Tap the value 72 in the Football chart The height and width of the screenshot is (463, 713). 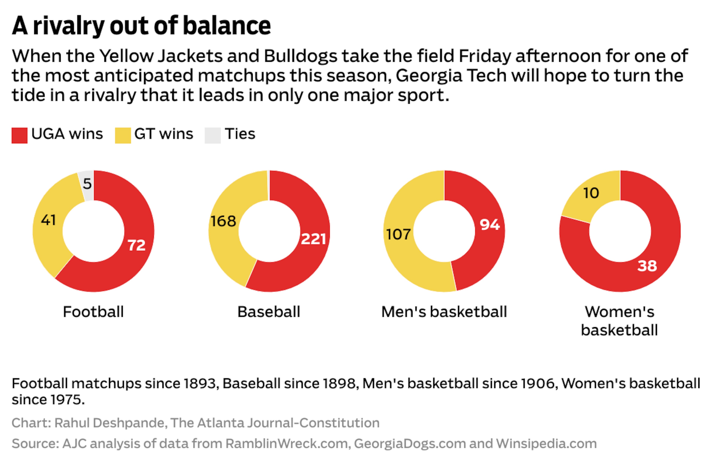coord(137,245)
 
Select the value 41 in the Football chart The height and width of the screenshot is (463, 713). coord(48,220)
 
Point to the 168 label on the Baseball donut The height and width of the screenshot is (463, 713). coord(223,221)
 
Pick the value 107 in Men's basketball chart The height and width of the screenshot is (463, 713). coord(398,234)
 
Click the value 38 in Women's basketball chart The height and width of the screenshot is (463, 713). coord(647,265)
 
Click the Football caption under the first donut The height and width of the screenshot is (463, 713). coord(93,312)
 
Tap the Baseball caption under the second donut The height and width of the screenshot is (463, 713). coord(269,312)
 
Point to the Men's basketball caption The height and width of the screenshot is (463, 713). coord(444,312)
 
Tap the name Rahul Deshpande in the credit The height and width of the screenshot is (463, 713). coord(109,423)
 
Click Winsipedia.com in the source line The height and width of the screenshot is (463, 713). coord(546,444)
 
